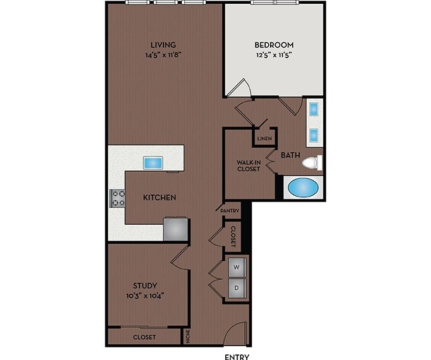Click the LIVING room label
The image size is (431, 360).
click(x=163, y=44)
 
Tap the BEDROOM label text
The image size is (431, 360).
click(x=274, y=45)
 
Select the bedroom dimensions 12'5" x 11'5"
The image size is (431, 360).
click(x=274, y=55)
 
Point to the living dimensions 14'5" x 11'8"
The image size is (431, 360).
click(x=163, y=54)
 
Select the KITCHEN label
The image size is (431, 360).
click(x=159, y=198)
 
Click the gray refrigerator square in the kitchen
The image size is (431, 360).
click(x=175, y=229)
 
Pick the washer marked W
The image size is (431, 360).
click(x=237, y=267)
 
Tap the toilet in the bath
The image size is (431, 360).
click(x=311, y=164)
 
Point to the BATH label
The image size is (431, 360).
click(x=290, y=155)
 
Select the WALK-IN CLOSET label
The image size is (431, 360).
click(x=249, y=165)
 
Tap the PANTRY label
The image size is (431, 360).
click(x=229, y=210)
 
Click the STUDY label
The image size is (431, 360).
click(x=145, y=285)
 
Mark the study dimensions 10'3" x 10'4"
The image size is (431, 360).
click(x=145, y=296)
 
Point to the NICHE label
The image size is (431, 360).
click(x=187, y=337)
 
